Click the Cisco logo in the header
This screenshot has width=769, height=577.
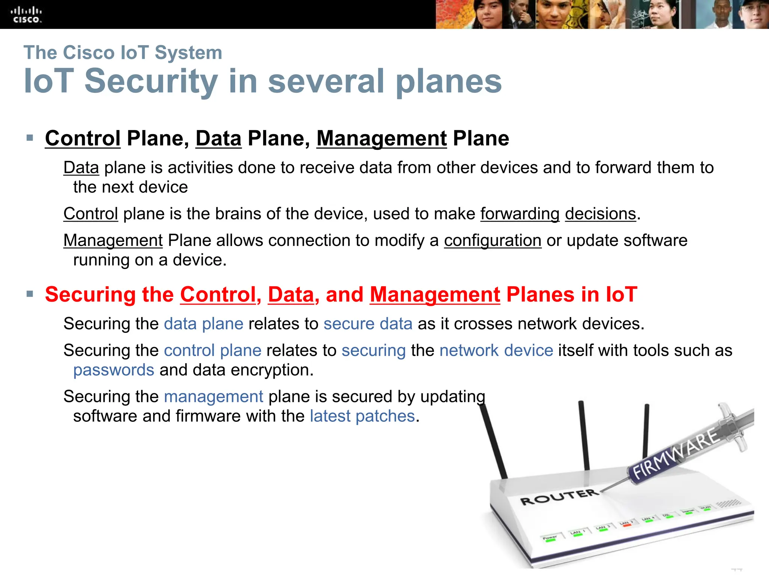click(26, 15)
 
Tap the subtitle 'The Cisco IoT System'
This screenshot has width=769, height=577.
click(123, 53)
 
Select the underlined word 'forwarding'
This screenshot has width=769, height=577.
click(520, 214)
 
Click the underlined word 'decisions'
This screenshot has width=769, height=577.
click(600, 214)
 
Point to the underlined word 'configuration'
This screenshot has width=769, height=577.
click(492, 240)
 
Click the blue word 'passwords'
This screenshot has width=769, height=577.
click(114, 370)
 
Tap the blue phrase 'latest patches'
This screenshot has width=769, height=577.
click(362, 416)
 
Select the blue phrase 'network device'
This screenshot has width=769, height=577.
click(496, 350)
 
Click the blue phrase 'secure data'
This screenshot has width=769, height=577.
click(368, 324)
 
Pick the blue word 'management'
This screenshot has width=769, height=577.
click(214, 397)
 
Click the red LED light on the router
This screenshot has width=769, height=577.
click(626, 525)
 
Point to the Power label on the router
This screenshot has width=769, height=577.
click(549, 538)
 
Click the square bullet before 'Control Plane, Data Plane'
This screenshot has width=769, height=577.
click(30, 138)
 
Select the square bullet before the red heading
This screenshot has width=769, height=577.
click(30, 294)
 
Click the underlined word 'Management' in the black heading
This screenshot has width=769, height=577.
click(381, 138)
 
